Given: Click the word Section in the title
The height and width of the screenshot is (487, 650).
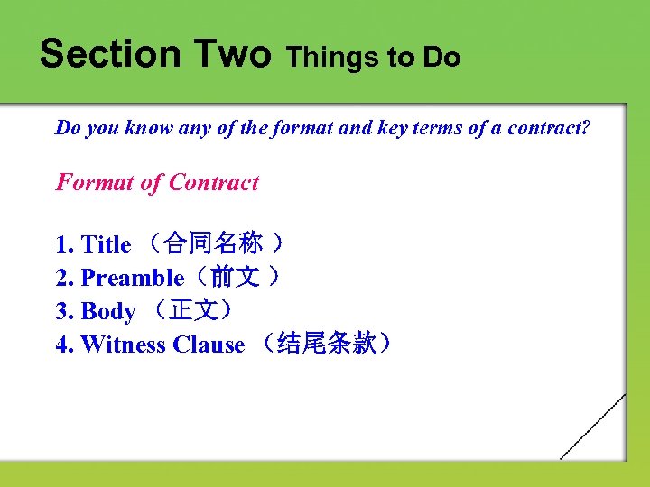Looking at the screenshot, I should pos(109,54).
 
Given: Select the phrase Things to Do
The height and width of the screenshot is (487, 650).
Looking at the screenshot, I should pos(374,58).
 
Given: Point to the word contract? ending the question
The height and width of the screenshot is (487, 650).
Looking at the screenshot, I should pos(551,128).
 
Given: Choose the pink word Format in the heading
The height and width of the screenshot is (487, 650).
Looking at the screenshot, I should pos(95,183).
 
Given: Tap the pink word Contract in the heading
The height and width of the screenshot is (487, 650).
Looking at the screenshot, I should pos(214,183).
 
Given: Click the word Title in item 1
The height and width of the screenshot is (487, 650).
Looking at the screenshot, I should pos(106,244).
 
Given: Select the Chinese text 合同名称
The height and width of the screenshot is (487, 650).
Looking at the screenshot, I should pos(214,244).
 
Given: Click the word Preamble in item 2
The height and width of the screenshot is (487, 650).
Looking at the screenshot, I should pos(132,278).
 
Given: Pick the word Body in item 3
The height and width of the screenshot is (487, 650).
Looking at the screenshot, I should pos(108,311).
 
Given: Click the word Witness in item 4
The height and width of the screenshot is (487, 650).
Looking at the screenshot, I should pos(124,345).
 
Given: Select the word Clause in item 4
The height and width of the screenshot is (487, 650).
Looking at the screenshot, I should pos(209,345).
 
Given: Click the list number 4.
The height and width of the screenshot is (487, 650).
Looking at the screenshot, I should pos(63,345).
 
